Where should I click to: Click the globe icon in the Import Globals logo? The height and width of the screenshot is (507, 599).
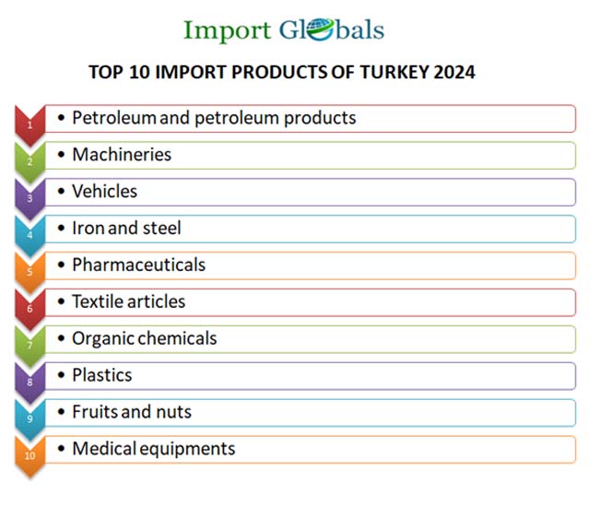[x=317, y=29]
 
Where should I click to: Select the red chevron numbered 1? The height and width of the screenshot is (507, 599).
[x=29, y=124]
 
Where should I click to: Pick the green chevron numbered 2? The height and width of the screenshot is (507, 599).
[x=29, y=160]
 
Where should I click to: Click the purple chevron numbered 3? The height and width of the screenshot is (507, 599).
[x=29, y=197]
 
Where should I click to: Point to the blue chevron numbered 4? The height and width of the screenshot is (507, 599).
[x=29, y=234]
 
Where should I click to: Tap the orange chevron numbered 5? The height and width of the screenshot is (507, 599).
[x=29, y=271]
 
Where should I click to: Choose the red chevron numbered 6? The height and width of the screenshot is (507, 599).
[x=29, y=308]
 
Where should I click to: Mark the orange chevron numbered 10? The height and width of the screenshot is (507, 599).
[x=29, y=455]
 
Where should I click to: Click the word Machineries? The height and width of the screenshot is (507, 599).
[x=122, y=155]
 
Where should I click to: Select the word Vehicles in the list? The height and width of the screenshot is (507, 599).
[x=104, y=192]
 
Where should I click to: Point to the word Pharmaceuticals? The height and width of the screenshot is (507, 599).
[x=138, y=265]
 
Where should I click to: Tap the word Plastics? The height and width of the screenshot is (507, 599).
[x=101, y=375]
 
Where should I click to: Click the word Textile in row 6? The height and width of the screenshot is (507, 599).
[x=97, y=301]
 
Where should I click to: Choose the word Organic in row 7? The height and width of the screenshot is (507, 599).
[x=103, y=338]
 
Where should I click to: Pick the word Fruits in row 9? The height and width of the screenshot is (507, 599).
[x=95, y=412]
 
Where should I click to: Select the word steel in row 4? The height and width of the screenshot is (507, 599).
[x=161, y=229]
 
